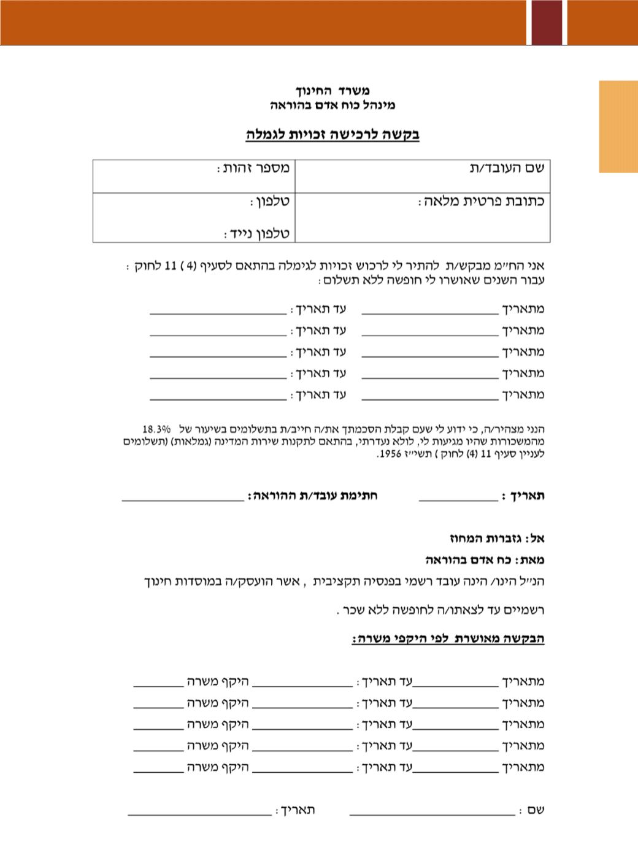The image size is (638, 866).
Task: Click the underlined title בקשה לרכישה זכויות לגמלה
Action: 332,134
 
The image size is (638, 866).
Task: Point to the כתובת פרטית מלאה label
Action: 482,201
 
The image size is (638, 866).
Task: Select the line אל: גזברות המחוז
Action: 497,538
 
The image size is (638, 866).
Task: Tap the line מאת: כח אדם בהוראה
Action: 485,560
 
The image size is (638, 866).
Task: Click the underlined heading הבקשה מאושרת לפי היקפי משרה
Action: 448,639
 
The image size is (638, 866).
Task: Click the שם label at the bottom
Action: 536,810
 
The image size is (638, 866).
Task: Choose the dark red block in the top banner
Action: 546,22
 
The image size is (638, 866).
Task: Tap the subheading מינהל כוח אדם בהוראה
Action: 332,105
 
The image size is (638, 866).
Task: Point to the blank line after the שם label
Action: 432,813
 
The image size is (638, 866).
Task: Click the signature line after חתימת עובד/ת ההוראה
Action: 183,499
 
